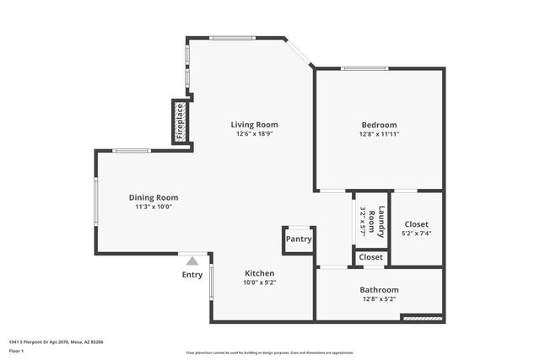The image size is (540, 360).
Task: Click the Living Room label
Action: coord(254,125)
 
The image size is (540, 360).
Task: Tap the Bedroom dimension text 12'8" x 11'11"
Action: coord(378,134)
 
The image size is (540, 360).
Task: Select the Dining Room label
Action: coord(153,197)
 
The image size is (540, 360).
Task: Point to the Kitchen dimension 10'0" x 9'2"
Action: coord(260,282)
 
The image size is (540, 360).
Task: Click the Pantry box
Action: coord(299,239)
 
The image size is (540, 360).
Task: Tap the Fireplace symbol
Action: coord(179,121)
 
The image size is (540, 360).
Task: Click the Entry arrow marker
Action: coord(192,261)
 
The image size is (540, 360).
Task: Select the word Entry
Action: coord(192,274)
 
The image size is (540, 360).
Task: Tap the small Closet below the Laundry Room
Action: coord(371,257)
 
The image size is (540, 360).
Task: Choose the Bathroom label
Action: coord(379,289)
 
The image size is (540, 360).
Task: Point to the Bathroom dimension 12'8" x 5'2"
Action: coord(379,298)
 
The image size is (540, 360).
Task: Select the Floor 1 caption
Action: coord(18,351)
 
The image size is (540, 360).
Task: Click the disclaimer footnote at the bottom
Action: coord(269,351)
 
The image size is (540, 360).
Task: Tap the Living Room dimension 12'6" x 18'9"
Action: coord(254,134)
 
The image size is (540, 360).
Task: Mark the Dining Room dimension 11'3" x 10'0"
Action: coord(153,207)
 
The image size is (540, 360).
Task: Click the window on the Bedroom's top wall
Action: coord(364,68)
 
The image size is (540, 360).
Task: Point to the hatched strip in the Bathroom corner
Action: coord(421,319)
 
